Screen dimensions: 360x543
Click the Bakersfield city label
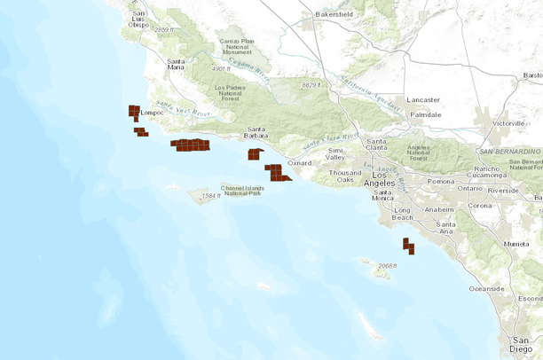[x=342, y=15]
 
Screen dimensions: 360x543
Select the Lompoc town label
[x=154, y=113]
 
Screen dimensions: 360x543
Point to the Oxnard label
[x=301, y=163]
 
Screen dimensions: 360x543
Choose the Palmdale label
[x=425, y=115]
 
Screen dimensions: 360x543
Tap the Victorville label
[x=508, y=122]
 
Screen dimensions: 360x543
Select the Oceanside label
[x=486, y=288]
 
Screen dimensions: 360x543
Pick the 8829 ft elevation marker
[x=309, y=85]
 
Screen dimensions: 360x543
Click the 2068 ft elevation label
[x=386, y=266]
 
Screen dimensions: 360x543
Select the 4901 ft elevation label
[x=219, y=68]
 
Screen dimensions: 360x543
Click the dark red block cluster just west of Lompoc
[x=134, y=113]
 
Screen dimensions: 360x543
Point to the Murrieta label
[x=516, y=242]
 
